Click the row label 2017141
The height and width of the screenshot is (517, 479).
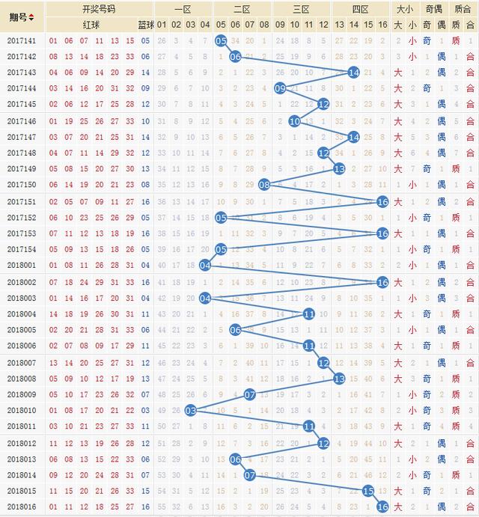[22, 40]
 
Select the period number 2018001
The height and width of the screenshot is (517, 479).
[22, 265]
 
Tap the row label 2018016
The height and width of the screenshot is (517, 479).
[22, 507]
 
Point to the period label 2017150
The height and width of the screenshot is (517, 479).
[22, 184]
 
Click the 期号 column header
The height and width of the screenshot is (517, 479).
[22, 16]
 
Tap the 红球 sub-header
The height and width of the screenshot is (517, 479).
[89, 24]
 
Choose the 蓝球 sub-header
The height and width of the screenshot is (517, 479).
[145, 24]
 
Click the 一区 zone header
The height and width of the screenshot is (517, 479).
[183, 10]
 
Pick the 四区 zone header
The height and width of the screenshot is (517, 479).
[361, 10]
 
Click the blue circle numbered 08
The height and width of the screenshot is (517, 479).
[264, 184]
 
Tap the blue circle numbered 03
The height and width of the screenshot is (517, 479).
[191, 410]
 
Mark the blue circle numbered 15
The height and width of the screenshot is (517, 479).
[367, 491]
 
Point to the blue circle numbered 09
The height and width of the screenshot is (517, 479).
[280, 88]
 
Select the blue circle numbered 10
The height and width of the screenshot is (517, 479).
[294, 120]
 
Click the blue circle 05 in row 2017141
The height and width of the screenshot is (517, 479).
[221, 40]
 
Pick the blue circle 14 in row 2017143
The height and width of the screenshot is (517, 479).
[353, 73]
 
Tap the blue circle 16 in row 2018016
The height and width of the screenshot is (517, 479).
[382, 507]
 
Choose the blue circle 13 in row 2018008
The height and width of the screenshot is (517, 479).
[338, 378]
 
